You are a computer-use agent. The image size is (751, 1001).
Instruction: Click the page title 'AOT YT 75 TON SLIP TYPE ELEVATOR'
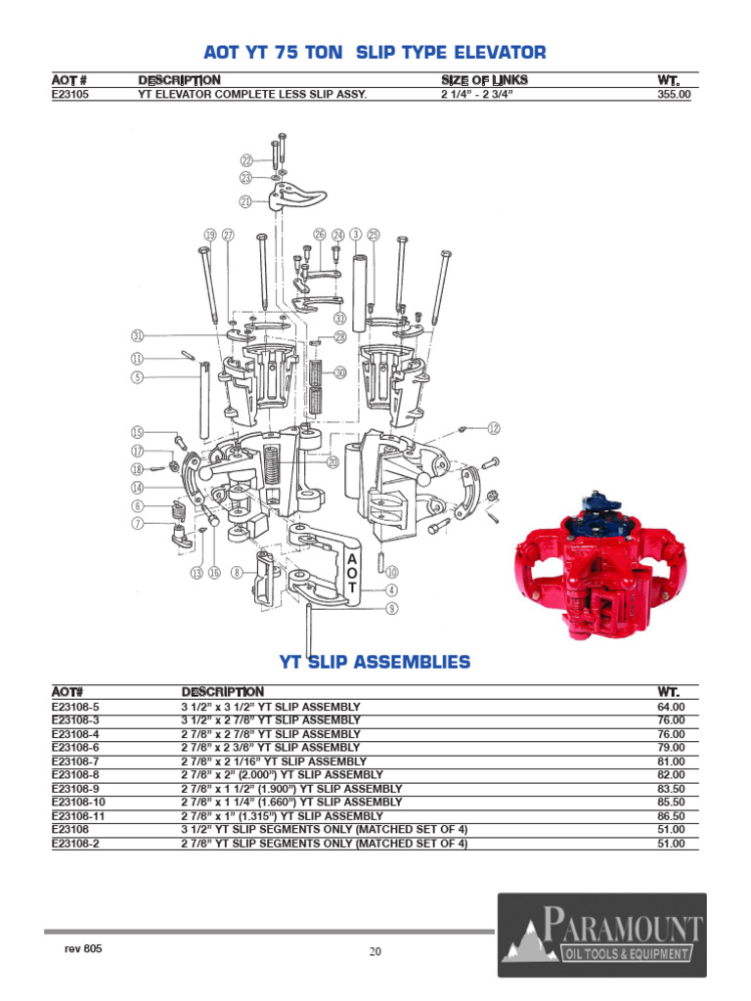tap(374, 53)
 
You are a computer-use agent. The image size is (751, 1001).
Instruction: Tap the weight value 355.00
tap(674, 95)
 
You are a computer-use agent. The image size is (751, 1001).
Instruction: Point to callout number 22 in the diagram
tap(246, 160)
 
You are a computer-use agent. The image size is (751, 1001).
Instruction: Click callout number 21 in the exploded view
tap(245, 201)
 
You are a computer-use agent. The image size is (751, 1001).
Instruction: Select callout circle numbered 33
tap(339, 319)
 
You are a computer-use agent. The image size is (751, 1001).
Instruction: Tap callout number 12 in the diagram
tap(494, 428)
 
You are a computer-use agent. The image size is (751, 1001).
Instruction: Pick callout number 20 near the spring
tap(332, 462)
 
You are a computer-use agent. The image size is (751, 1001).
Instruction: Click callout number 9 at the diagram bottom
tap(391, 608)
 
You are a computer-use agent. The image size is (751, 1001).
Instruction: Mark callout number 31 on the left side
tap(138, 335)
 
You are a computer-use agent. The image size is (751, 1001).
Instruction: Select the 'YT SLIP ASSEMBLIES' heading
tap(375, 662)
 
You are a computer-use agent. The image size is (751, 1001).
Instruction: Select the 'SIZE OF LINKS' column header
tap(484, 79)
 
